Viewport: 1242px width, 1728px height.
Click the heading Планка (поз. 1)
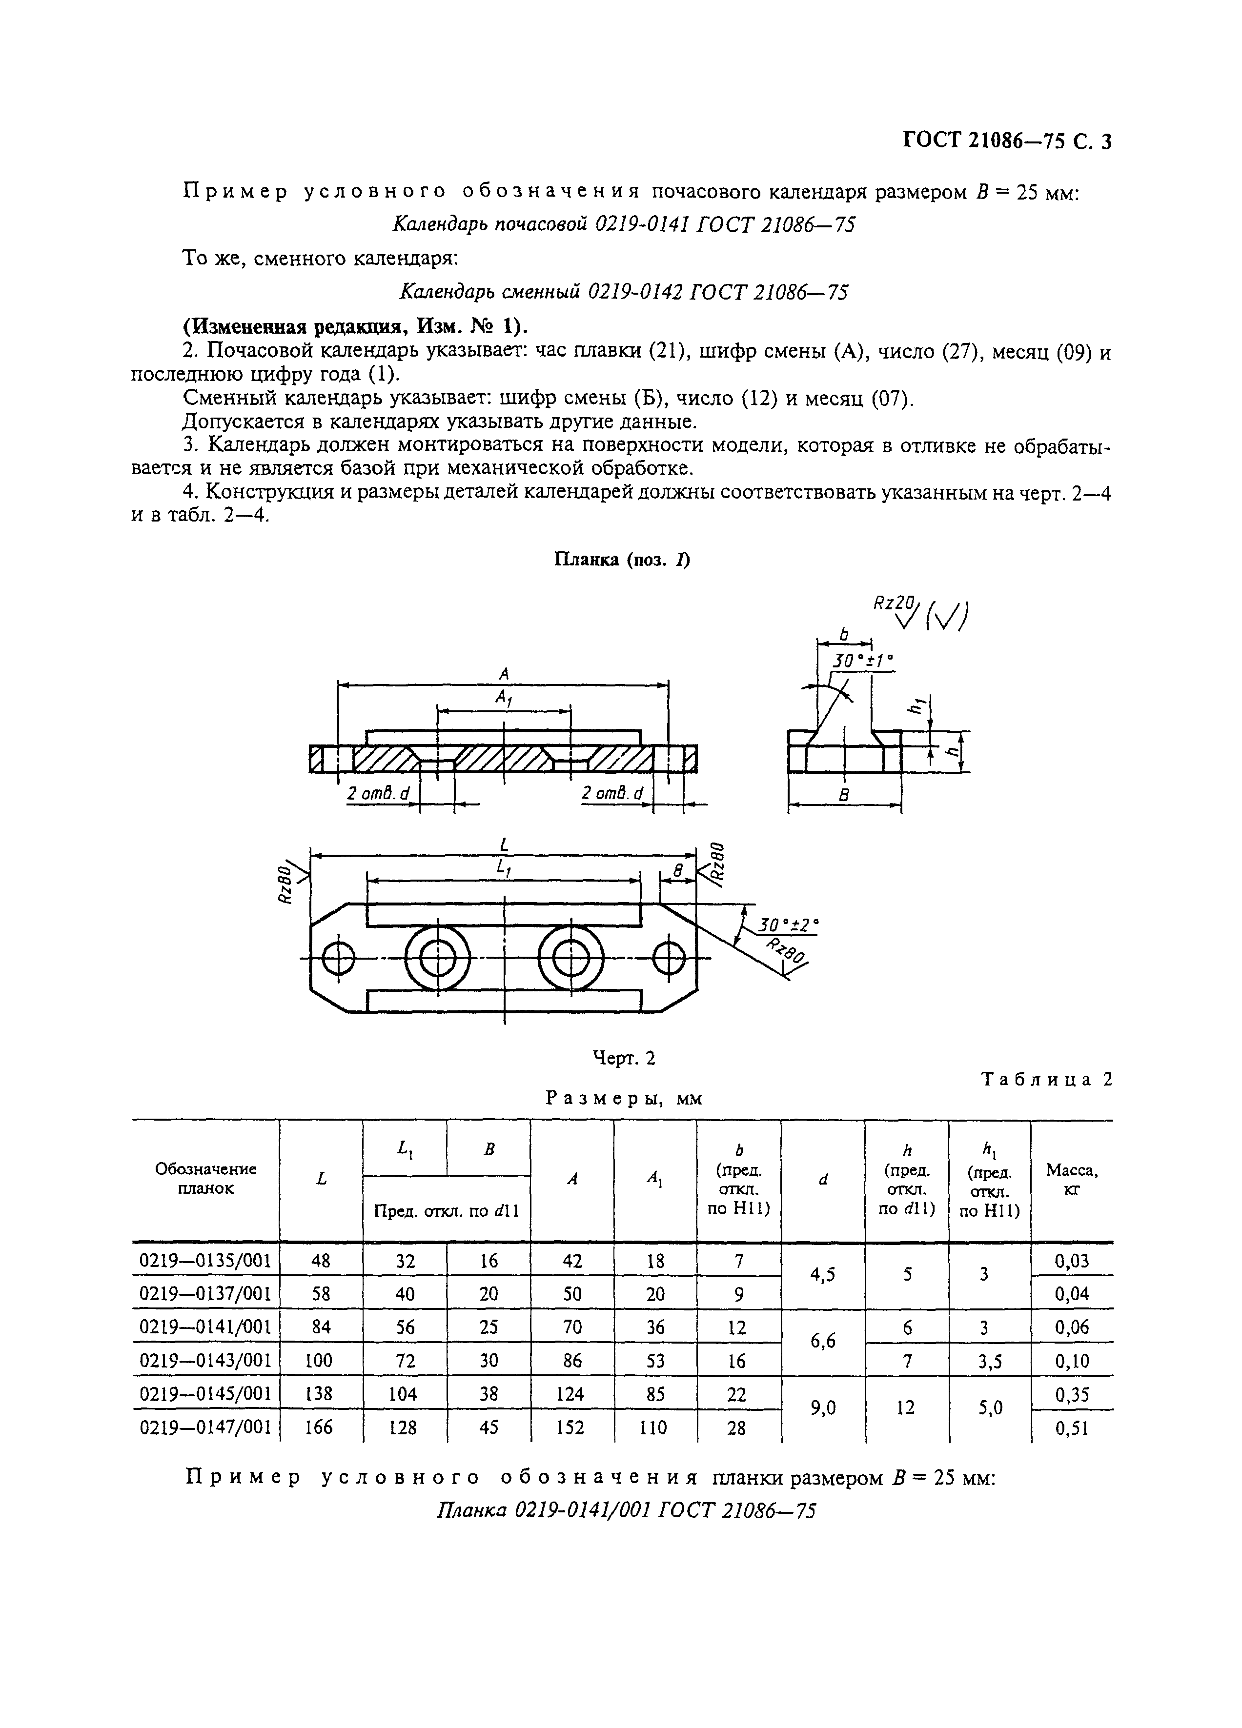tap(621, 560)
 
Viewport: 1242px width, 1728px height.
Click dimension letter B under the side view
tap(843, 795)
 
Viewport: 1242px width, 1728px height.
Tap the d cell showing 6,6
tap(823, 1344)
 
